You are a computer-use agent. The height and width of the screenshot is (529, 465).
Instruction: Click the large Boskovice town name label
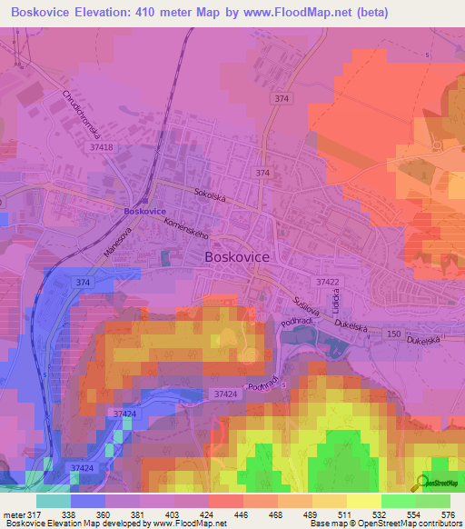pos(237,257)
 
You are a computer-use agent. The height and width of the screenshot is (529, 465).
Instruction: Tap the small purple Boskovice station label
pos(144,211)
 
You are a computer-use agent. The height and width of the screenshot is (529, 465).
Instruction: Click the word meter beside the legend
pos(14,513)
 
